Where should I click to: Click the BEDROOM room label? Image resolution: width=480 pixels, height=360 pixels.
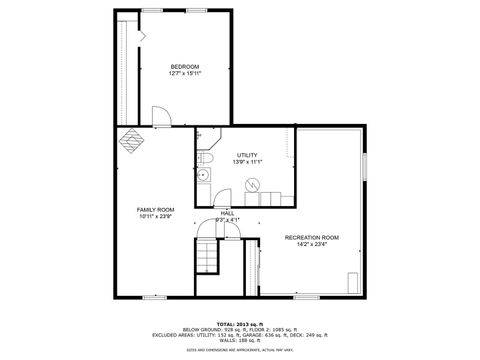tap(185, 67)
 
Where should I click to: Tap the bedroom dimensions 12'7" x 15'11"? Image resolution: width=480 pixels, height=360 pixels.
tap(185, 74)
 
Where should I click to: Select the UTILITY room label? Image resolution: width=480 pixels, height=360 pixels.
tap(247, 155)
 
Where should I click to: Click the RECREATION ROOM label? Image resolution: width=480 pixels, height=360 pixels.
tap(312, 237)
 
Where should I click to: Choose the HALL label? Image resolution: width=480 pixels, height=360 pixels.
tap(227, 213)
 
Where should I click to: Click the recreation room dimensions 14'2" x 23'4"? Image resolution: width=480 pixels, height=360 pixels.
tap(312, 244)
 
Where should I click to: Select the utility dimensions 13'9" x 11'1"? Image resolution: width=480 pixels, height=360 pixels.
tap(247, 162)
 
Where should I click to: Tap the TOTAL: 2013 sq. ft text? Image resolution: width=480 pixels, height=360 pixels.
tap(240, 324)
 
